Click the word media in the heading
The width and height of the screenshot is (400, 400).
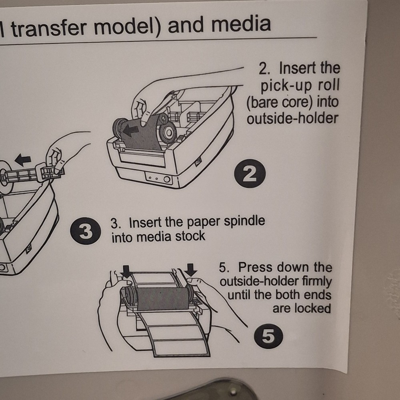tap(241, 24)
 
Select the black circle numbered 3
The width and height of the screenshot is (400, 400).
tap(85, 231)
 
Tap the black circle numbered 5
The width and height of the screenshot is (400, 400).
tap(268, 336)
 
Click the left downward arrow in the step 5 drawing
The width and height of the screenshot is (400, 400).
tap(126, 271)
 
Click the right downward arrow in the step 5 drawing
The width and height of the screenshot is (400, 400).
tap(191, 270)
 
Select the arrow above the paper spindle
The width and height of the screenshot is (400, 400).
tap(23, 160)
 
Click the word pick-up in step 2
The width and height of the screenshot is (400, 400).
tap(285, 86)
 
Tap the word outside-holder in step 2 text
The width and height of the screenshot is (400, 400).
tap(292, 118)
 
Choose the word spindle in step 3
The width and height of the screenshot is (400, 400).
tap(244, 221)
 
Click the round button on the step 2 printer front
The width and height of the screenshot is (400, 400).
tap(167, 179)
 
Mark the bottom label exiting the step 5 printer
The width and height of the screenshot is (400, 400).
tap(181, 347)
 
